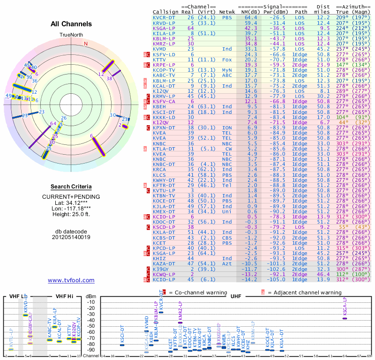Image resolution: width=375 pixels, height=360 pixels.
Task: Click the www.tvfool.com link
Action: coord(71,280)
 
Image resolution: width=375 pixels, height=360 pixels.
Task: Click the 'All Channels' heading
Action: coord(71,24)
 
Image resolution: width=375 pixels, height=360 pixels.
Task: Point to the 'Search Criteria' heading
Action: coord(71,186)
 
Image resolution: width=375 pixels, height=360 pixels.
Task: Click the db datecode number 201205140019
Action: coord(71,237)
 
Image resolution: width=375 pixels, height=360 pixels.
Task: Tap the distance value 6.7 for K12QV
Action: coord(325,122)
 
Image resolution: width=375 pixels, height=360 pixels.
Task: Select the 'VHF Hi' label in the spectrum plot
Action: coord(64,296)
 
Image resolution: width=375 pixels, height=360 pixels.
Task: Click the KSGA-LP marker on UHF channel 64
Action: coord(345,318)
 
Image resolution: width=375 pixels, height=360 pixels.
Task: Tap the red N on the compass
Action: coord(86,44)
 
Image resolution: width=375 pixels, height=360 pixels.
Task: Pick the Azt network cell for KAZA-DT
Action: coord(226,264)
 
